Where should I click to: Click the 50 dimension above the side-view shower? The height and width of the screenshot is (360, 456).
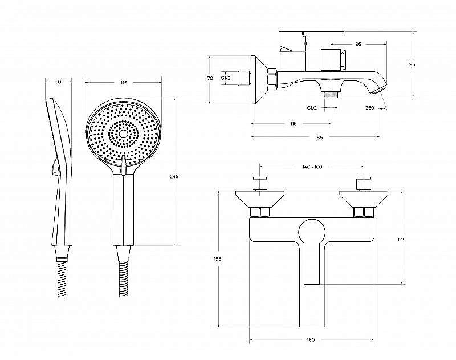58,82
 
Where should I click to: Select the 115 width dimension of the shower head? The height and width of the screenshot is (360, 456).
124,83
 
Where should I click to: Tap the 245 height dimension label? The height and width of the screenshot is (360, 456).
174,176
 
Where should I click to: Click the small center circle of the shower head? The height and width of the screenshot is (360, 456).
123,134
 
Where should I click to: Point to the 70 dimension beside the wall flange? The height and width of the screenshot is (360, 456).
210,78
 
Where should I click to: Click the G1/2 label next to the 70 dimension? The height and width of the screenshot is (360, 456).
226,78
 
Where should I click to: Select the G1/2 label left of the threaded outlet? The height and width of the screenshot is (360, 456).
312,108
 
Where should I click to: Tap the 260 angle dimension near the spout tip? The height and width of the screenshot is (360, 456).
369,108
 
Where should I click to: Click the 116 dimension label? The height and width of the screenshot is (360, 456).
294,124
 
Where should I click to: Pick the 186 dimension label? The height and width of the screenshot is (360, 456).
319,137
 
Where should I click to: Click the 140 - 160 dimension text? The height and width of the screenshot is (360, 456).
312,167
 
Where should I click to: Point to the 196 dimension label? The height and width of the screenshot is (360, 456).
218,258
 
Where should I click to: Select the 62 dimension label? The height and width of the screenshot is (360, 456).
401,240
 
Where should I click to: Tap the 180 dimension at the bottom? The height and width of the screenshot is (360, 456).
311,339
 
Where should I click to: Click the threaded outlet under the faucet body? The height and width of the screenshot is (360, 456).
331,95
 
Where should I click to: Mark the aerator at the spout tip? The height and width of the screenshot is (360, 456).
380,89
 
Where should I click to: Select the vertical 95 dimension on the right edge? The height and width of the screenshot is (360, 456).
412,64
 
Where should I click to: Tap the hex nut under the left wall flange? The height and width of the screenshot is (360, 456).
260,212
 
